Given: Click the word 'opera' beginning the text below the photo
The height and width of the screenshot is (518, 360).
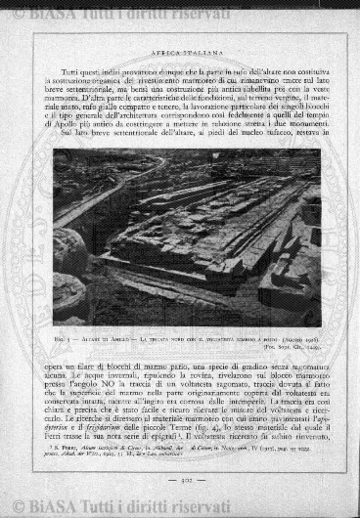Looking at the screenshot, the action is coord(65,366).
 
